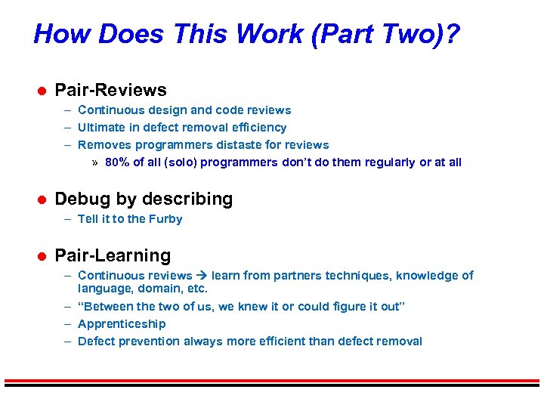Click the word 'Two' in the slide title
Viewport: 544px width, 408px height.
tap(397, 34)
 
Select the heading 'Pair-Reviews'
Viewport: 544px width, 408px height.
tap(110, 91)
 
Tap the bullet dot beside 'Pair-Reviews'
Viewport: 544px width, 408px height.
tap(42, 91)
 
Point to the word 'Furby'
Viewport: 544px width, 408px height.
tap(165, 219)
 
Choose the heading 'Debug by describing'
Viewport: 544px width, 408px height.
tap(144, 199)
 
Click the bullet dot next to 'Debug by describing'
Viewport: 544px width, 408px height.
tap(42, 200)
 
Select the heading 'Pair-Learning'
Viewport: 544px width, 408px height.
tap(113, 256)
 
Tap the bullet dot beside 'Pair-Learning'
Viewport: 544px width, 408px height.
tap(42, 257)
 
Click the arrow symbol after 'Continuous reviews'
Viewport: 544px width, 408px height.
tap(202, 276)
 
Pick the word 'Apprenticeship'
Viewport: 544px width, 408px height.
tap(122, 324)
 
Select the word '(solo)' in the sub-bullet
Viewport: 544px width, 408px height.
tap(177, 162)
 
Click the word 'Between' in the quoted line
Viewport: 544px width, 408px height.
tap(108, 307)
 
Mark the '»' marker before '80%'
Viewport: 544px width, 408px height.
tap(94, 162)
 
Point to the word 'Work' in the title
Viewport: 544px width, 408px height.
tap(268, 34)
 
